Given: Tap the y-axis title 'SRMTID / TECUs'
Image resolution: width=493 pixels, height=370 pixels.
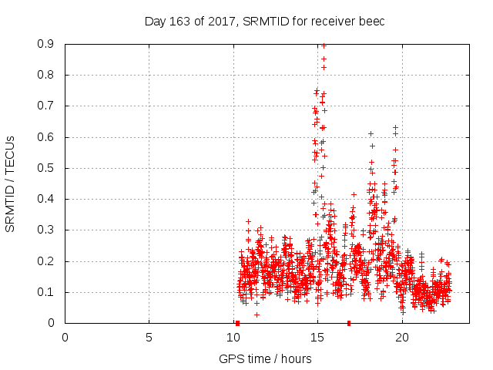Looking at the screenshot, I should click(x=10, y=183).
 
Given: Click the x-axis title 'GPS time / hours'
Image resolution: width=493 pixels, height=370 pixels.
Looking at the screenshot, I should click(x=265, y=358).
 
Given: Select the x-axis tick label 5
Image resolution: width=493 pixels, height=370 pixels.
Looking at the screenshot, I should click(x=149, y=338).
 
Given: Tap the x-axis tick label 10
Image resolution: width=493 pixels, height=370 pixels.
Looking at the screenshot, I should click(x=233, y=338).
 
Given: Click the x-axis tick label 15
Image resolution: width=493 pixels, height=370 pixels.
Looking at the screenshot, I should click(x=317, y=338).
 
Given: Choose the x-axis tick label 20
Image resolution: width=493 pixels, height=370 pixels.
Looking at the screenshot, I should click(x=401, y=338).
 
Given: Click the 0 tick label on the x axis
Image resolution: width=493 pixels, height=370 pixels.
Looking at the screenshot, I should click(x=65, y=338).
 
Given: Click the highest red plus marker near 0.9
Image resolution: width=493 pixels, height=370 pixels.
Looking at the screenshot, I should click(x=324, y=45).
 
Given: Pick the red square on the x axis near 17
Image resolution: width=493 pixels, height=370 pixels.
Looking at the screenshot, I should click(x=349, y=323).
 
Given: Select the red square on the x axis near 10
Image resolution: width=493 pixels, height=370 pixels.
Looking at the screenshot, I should click(x=237, y=323).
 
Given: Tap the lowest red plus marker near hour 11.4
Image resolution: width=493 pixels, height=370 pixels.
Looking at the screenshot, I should click(x=257, y=314).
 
